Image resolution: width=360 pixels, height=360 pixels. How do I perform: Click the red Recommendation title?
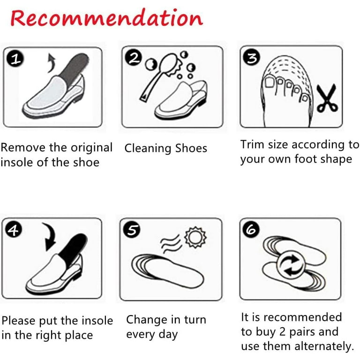click(x=107, y=18)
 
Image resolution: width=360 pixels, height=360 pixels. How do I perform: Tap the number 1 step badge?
click(x=15, y=59)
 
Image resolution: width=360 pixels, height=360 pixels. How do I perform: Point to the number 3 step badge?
click(x=252, y=57)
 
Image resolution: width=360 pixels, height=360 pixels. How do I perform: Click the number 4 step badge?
click(x=14, y=230)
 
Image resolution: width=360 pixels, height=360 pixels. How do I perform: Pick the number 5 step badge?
click(x=132, y=230)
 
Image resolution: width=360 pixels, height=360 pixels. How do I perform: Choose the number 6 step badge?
click(x=251, y=229)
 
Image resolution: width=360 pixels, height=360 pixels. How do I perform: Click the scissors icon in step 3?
click(x=327, y=98)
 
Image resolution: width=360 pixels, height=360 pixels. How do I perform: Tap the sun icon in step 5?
click(x=195, y=237)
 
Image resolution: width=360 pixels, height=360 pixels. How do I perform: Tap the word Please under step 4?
click(x=18, y=321)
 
